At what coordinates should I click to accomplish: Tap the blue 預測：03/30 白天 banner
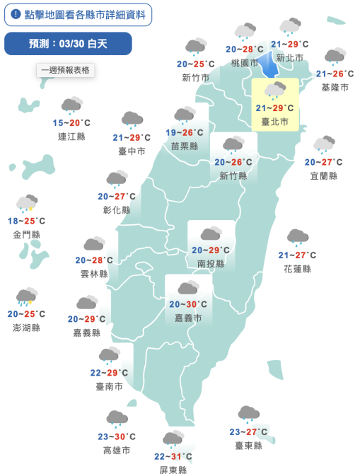coord(68,43)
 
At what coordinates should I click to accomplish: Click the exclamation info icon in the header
coord(16,14)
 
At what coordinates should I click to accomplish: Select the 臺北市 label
coord(274,122)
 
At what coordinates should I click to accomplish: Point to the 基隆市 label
coord(335,87)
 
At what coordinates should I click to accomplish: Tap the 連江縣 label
coord(71,136)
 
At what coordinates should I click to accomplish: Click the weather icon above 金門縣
coord(27,204)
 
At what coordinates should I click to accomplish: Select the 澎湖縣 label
coord(27,328)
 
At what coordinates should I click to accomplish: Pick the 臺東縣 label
coord(248,445)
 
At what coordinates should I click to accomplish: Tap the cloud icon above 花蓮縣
coord(297,237)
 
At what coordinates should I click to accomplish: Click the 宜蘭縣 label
coord(324,175)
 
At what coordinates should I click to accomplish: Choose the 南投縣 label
coord(211,264)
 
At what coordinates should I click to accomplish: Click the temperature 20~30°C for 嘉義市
coord(188,305)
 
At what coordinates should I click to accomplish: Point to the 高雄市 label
coord(117,450)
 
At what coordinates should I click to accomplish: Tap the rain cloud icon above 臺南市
coord(109,355)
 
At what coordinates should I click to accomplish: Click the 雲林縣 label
coord(94,274)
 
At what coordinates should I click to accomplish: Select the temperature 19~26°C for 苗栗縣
coord(185,133)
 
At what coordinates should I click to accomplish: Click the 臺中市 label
coord(132,151)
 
